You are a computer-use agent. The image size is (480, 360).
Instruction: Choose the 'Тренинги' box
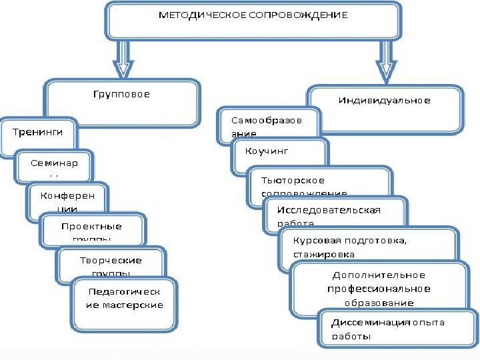38,133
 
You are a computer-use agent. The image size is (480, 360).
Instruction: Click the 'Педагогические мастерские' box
124,298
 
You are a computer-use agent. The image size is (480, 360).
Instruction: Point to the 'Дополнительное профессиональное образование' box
379,288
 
